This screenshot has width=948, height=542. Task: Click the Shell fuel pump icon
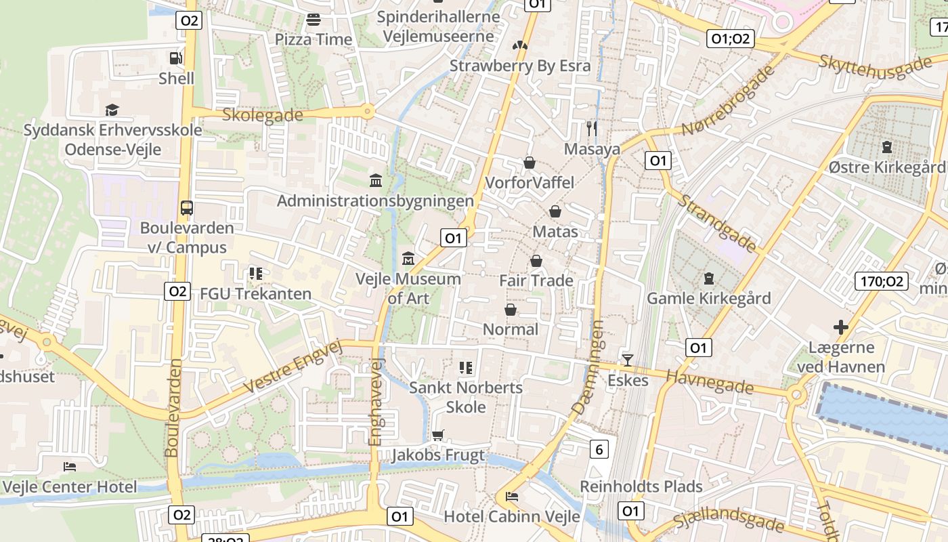pos(176,58)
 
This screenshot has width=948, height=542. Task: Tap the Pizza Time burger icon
pos(313,20)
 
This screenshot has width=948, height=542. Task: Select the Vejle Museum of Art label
pos(408,288)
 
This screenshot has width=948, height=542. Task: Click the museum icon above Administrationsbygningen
pos(376,181)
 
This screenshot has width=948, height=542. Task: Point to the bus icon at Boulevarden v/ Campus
pos(187,208)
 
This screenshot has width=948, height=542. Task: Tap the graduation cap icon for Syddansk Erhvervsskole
pos(112,110)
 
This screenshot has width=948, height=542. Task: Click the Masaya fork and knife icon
pos(592,129)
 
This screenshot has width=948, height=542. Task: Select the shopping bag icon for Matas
pos(555,211)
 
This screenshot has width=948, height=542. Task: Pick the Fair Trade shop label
pos(536,280)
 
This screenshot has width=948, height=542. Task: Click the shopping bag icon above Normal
pos(511,310)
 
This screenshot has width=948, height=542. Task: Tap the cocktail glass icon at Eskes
pos(628,360)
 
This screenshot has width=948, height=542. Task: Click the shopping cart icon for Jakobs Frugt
pos(438,435)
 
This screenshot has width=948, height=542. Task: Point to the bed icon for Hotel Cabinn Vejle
pos(513,497)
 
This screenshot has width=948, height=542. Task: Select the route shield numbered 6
pos(599,449)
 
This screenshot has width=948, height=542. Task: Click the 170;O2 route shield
pos(881,281)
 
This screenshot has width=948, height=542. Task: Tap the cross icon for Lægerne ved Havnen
pos(841,328)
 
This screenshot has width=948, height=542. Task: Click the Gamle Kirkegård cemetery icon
pos(709,278)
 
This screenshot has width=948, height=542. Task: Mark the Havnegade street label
pos(710,381)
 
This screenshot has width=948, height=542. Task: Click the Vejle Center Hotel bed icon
pos(70,466)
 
